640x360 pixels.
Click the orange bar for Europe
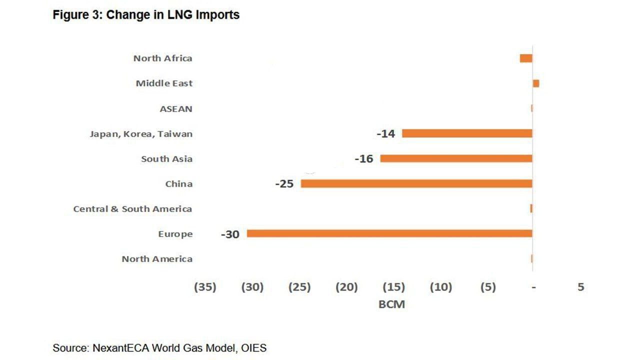click(389, 233)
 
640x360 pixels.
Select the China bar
click(416, 183)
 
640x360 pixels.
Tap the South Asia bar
click(456, 158)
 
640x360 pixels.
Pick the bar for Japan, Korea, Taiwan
click(467, 133)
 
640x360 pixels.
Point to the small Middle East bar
click(536, 83)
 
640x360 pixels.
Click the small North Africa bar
click(526, 58)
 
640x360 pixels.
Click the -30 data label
click(230, 234)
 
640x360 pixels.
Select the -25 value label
click(284, 184)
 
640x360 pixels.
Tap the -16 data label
click(363, 159)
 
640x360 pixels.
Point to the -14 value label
click(385, 134)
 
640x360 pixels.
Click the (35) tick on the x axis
click(205, 287)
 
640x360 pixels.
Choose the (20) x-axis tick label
click(346, 287)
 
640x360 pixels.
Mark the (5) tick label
click(488, 287)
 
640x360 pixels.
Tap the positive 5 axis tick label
click(580, 287)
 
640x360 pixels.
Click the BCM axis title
click(391, 304)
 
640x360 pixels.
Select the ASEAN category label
click(176, 109)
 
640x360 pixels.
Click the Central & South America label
click(132, 209)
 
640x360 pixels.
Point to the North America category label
click(157, 259)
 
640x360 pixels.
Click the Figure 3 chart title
click(146, 15)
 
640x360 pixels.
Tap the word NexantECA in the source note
click(122, 348)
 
